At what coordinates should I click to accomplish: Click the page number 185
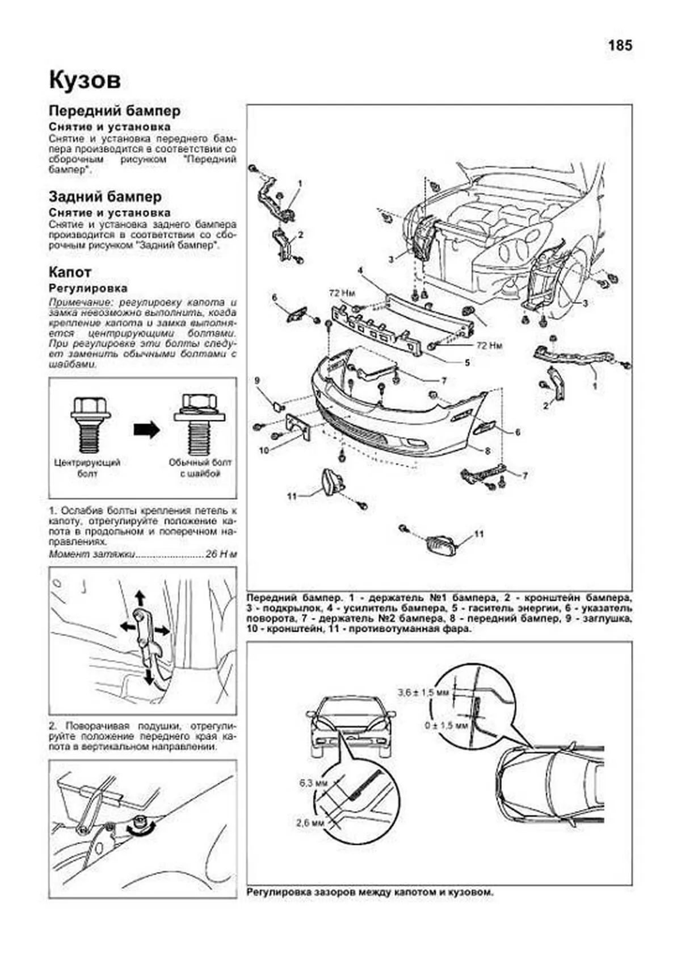click(620, 45)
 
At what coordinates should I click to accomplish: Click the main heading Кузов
click(85, 80)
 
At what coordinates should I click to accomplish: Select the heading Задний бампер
click(105, 197)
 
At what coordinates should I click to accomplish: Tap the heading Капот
click(70, 272)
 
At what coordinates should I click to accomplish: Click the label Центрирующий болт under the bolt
click(87, 468)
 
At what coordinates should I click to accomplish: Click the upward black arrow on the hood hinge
click(139, 598)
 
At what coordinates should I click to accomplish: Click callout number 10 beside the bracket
click(263, 450)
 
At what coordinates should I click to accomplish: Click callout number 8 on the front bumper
click(487, 451)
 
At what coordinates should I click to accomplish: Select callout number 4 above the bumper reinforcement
click(360, 270)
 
